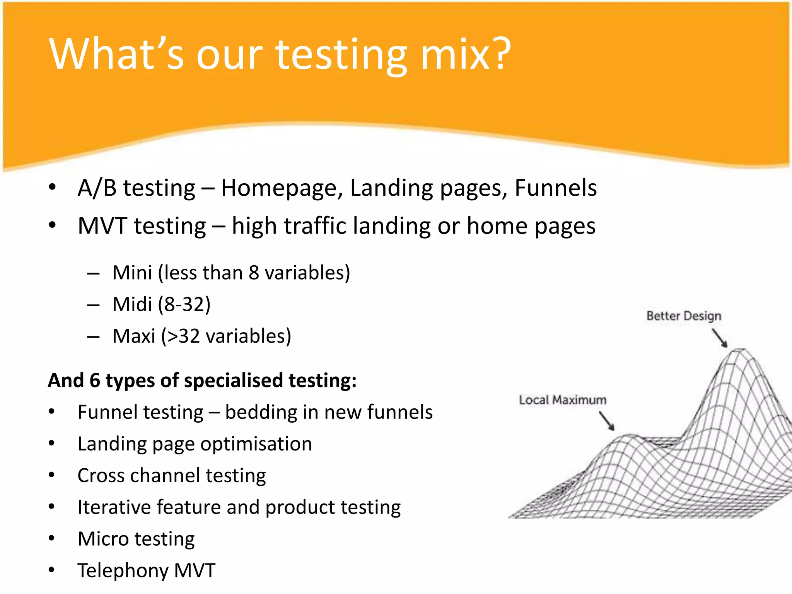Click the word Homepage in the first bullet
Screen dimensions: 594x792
[x=281, y=188]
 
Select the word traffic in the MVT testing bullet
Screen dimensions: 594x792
[x=315, y=226]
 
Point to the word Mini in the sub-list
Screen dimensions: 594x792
[x=132, y=273]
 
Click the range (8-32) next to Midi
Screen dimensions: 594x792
[x=184, y=304]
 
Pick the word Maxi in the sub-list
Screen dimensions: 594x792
[x=133, y=336]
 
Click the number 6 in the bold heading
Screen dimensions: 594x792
[x=95, y=381]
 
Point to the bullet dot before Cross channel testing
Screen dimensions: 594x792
[x=52, y=475]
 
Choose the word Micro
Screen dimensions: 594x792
[x=102, y=539]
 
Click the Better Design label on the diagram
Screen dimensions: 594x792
[x=684, y=316]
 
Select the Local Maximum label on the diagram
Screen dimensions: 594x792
[x=562, y=400]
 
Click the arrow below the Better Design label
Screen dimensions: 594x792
[x=720, y=338]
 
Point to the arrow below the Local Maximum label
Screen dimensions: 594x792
[x=607, y=421]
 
